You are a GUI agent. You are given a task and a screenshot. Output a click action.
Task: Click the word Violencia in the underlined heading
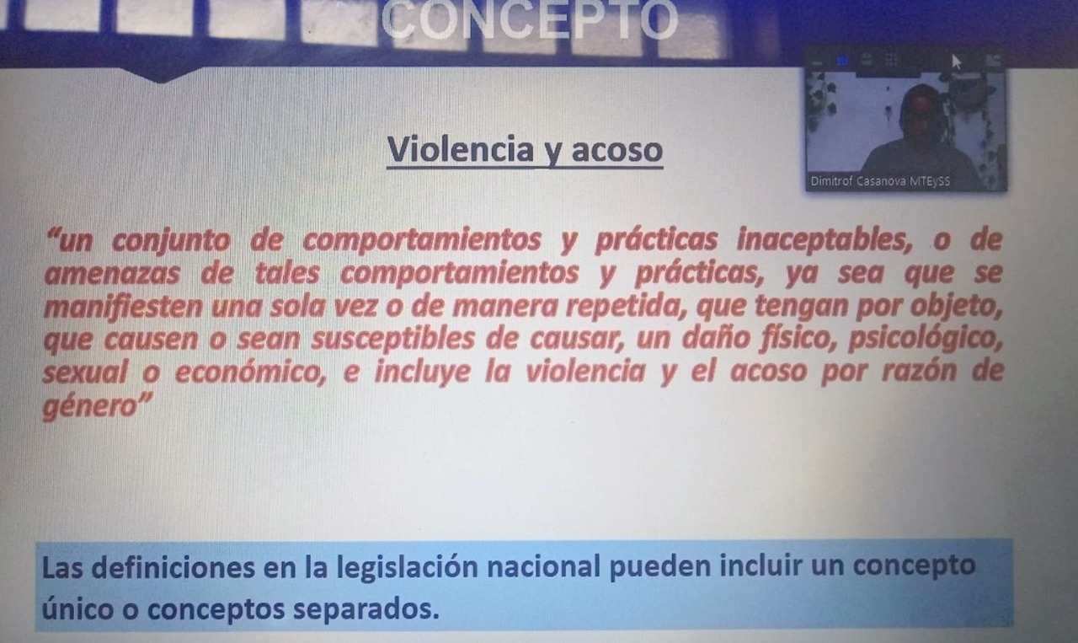461,149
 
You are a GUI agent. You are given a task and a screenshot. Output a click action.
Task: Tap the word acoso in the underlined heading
617,150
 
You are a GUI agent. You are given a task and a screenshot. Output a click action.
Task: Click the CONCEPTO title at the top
530,20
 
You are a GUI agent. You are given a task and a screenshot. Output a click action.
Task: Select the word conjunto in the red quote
171,240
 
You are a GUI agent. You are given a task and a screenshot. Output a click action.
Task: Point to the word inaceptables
824,239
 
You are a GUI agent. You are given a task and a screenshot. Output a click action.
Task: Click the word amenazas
112,274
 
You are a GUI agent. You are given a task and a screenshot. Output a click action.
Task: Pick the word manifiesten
123,307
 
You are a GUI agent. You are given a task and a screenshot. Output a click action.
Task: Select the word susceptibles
393,340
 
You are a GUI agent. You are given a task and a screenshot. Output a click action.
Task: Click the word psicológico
925,339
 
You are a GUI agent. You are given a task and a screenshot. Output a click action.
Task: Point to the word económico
250,372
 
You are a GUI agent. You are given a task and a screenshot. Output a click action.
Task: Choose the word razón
919,372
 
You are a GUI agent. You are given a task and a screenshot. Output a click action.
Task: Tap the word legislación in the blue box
407,568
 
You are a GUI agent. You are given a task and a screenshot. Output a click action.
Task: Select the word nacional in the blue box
544,567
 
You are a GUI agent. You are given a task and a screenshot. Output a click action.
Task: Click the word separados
366,610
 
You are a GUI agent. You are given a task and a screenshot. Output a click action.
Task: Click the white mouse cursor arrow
956,62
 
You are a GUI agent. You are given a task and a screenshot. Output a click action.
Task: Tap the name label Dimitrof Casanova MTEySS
880,181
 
